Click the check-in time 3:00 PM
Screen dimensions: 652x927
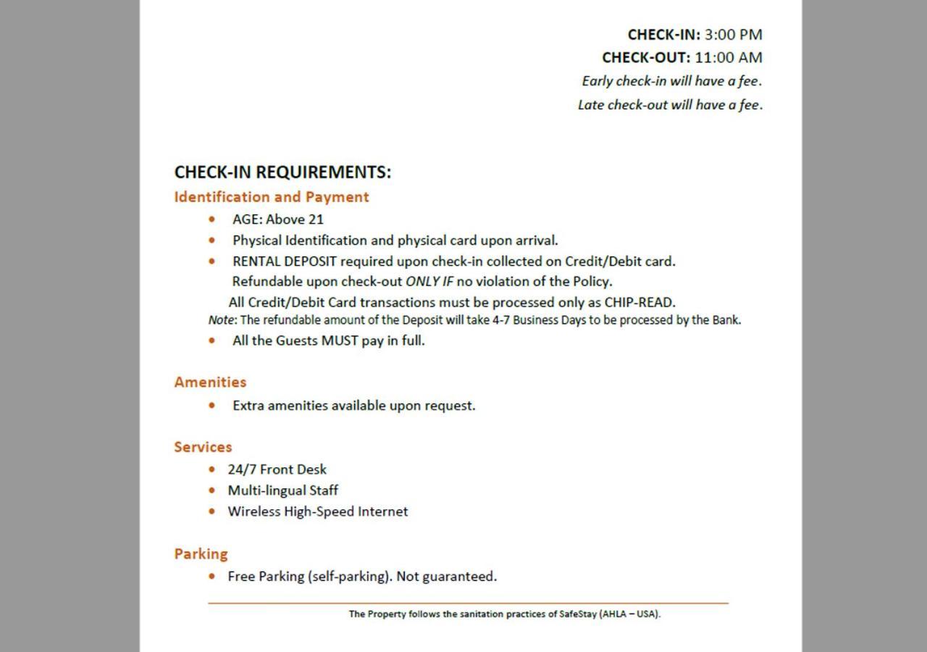[x=733, y=34]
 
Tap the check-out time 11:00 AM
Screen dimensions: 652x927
[x=728, y=57]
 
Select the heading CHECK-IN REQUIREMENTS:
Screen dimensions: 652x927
[x=282, y=172]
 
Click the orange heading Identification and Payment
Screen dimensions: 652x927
[x=272, y=197]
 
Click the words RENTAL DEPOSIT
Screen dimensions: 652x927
[x=285, y=262]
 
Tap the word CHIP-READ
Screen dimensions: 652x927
[x=639, y=303]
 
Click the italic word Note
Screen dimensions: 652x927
[x=221, y=320]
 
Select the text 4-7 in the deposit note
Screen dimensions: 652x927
[x=501, y=320]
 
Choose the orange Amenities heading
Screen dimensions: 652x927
[x=210, y=383]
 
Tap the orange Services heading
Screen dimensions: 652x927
[x=203, y=447]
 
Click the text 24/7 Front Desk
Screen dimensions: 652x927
[x=277, y=469]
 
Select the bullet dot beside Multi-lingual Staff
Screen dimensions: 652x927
[x=211, y=490]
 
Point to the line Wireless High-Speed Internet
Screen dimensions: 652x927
[x=317, y=511]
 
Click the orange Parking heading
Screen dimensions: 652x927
[x=201, y=554]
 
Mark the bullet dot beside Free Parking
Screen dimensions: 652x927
[x=211, y=577]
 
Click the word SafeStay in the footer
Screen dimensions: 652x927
[x=578, y=614]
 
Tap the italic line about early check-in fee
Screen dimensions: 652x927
[x=671, y=81]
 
